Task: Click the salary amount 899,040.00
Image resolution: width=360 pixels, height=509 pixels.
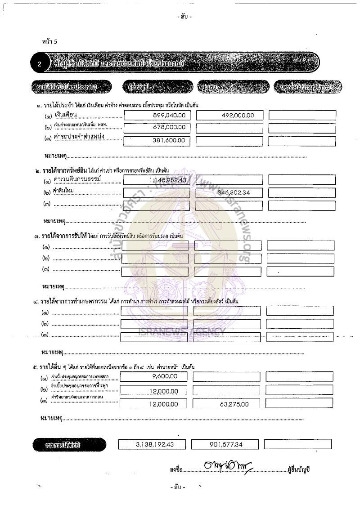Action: [169, 115]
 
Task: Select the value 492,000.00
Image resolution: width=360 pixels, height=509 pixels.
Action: [238, 115]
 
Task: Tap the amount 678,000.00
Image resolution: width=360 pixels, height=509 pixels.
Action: [169, 127]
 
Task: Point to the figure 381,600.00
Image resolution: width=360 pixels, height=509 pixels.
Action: [169, 140]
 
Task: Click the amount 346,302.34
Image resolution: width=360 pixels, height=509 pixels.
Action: [233, 192]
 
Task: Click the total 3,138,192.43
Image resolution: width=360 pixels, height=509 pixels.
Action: [154, 444]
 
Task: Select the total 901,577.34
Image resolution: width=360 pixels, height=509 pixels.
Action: [226, 444]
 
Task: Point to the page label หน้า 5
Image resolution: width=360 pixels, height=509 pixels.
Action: [49, 42]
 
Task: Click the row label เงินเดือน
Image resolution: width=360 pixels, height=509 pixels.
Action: [66, 115]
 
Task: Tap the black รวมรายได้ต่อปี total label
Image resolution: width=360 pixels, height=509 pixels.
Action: [69, 445]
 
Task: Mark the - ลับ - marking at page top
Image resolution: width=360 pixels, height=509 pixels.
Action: [184, 17]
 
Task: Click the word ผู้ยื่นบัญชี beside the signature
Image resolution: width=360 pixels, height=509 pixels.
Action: [298, 469]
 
